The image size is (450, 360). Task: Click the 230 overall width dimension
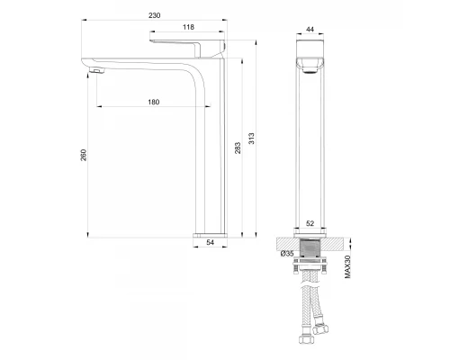155,15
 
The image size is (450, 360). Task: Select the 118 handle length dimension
188,27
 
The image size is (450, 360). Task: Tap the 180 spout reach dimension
154,103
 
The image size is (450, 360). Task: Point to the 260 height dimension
84,155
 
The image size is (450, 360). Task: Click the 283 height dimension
238,148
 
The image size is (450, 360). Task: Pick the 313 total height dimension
251,139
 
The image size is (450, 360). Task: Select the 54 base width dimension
211,242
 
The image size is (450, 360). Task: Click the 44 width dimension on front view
310,30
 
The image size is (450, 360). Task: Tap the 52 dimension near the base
310,223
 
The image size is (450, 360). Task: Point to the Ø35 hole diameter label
287,254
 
